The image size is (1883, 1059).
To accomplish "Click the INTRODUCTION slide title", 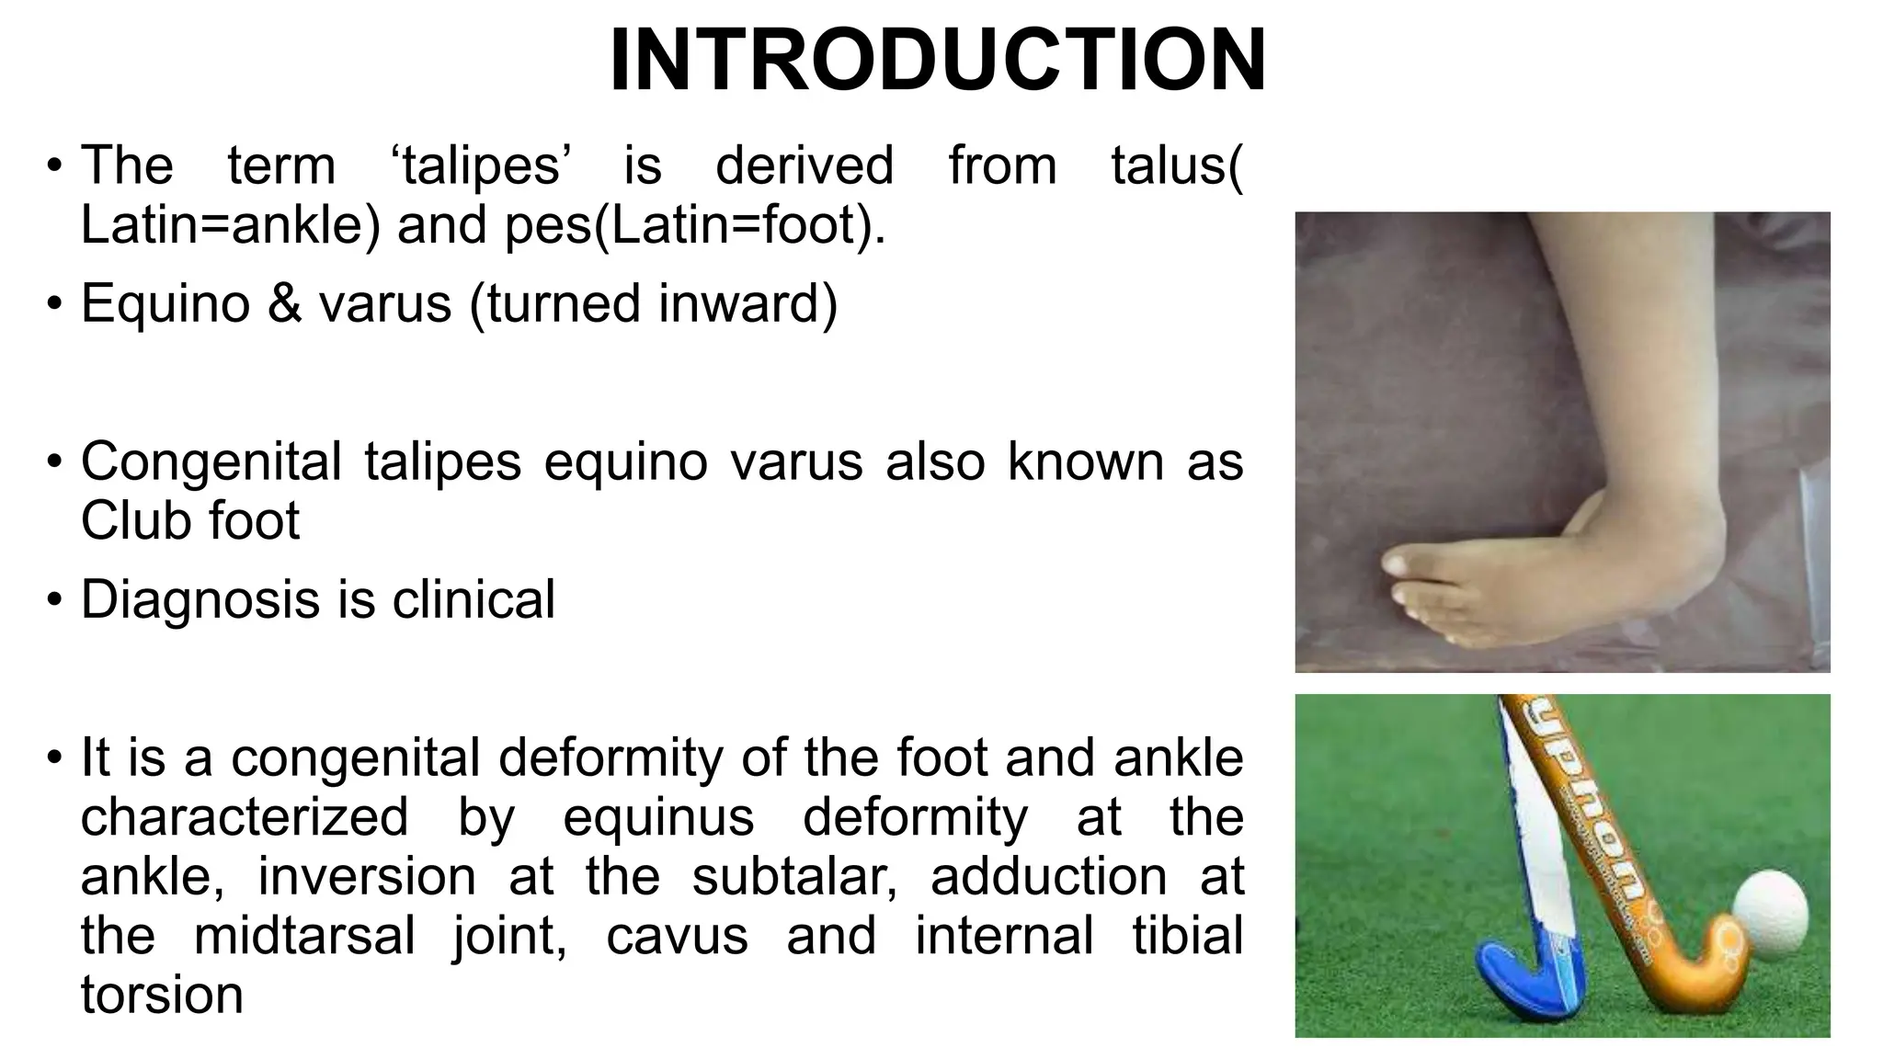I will coord(938,61).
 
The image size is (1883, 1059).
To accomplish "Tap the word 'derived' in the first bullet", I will coord(805,165).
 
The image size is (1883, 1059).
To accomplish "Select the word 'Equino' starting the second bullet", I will coord(165,303).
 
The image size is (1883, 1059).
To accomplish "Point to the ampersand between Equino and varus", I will coord(285,303).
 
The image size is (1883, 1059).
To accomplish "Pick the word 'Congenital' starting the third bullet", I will coord(211,461).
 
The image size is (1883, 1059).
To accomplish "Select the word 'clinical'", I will coord(474,600).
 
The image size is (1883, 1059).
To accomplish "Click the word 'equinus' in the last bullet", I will coord(658,816).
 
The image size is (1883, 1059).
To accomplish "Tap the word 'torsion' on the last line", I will coord(162,995).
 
